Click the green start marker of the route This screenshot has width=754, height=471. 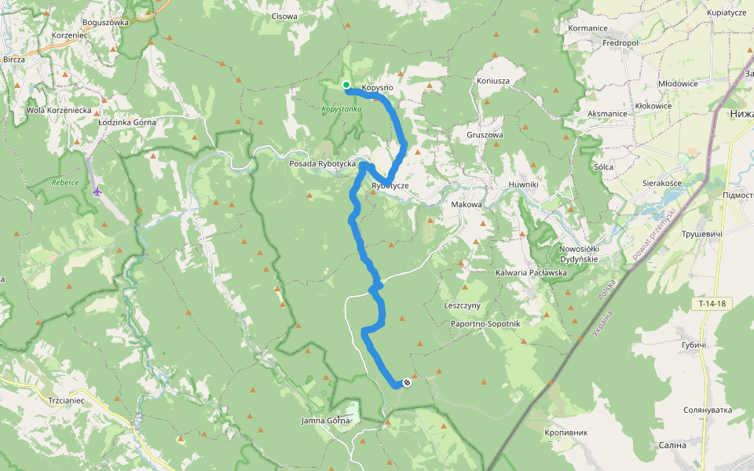tap(346, 85)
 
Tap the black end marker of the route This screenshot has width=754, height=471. tap(407, 382)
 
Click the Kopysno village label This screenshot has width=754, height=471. tap(377, 88)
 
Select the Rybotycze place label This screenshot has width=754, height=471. tap(392, 186)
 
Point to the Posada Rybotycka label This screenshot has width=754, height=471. tap(323, 163)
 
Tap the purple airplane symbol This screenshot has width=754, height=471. tap(97, 191)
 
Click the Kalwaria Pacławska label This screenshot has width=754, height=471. tap(531, 272)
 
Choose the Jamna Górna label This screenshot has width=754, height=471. tap(325, 421)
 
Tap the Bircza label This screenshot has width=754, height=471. tap(14, 59)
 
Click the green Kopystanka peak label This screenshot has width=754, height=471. tap(342, 109)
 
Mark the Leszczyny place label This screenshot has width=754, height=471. tap(467, 305)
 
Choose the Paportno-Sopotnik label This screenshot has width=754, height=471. tap(485, 323)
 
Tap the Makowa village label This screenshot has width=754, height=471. tap(467, 204)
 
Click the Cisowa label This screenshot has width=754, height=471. tap(284, 16)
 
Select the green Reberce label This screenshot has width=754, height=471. tap(65, 182)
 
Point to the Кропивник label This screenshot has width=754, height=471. tap(565, 433)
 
